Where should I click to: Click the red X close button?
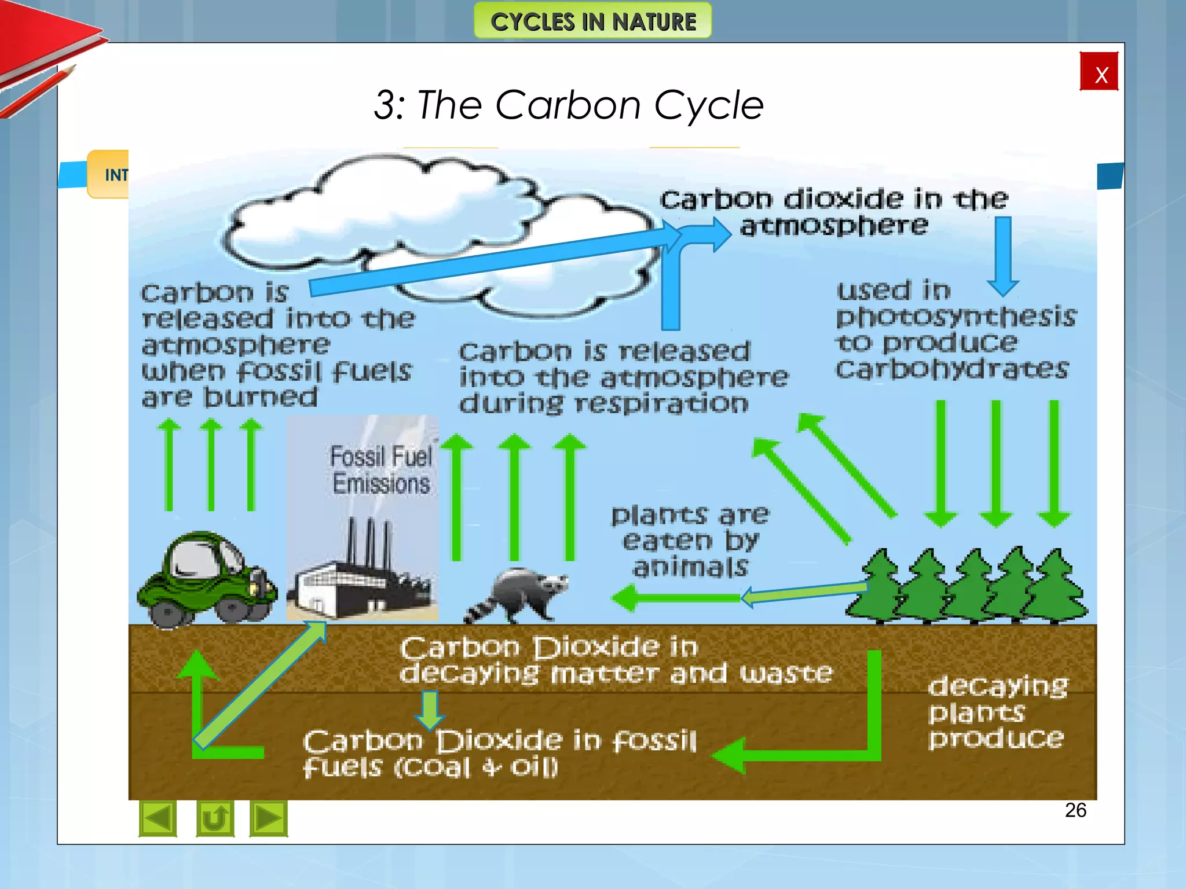pyautogui.click(x=1099, y=72)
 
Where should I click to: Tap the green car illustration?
pyautogui.click(x=207, y=579)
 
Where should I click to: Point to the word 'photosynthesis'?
pyautogui.click(x=956, y=317)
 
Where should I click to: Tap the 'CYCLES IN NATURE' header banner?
pyautogui.click(x=592, y=21)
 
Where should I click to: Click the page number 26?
pyautogui.click(x=1075, y=810)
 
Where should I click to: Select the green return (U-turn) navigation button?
pyautogui.click(x=215, y=818)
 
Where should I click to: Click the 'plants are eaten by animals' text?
pyautogui.click(x=690, y=541)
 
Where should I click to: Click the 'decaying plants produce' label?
pyautogui.click(x=997, y=712)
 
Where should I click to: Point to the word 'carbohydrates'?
pyautogui.click(x=951, y=369)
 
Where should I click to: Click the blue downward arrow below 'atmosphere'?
pyautogui.click(x=1003, y=255)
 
